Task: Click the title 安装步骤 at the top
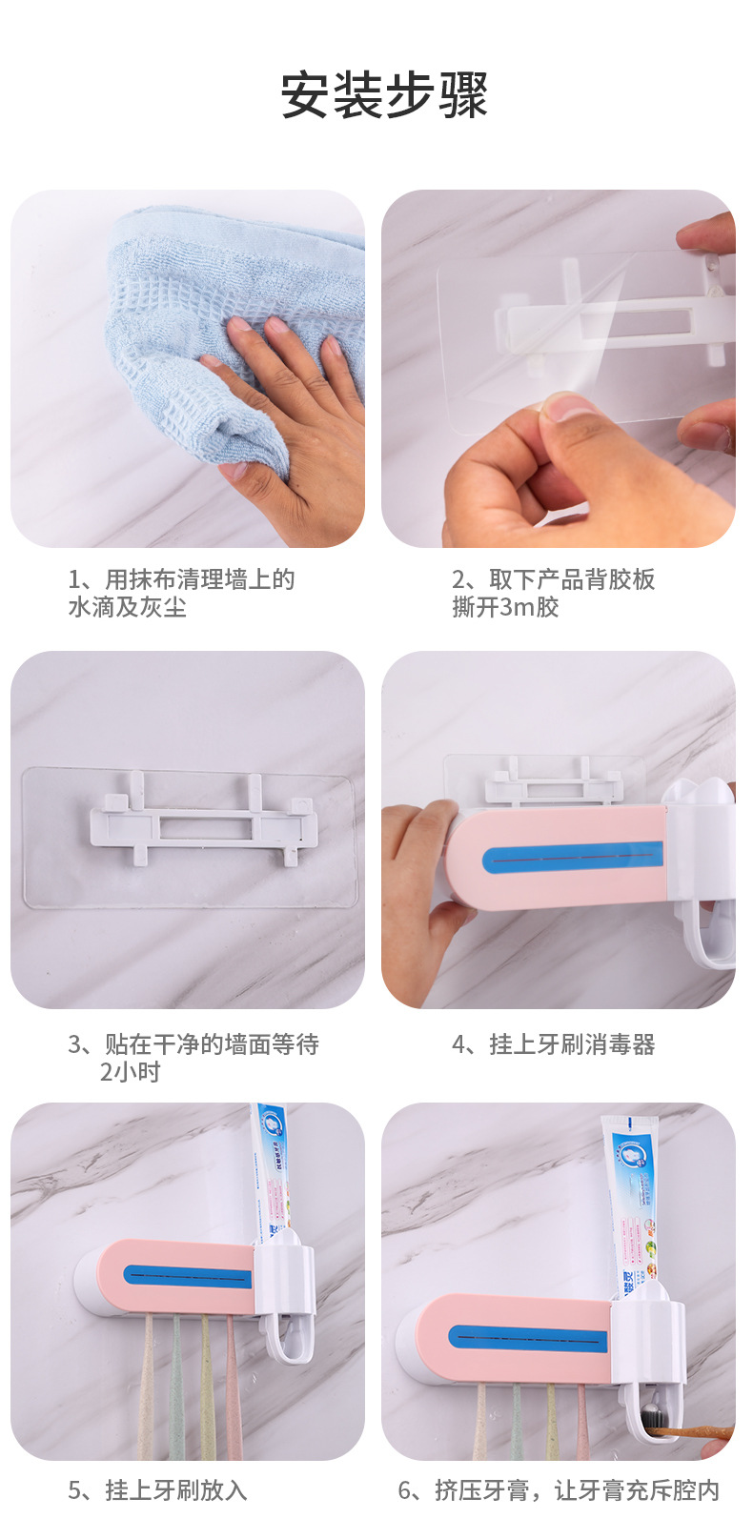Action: pyautogui.click(x=383, y=95)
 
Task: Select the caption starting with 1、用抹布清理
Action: pyautogui.click(x=181, y=579)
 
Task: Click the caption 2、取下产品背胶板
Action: pyautogui.click(x=553, y=579)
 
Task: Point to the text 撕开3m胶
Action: pyautogui.click(x=505, y=608)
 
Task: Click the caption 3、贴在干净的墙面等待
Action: pyautogui.click(x=193, y=1044)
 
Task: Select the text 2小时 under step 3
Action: pyautogui.click(x=131, y=1073)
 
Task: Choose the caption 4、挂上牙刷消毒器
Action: pyautogui.click(x=553, y=1044)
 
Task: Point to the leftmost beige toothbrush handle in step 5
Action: pyautogui.click(x=147, y=1391)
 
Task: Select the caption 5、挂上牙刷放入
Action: pyautogui.click(x=157, y=1490)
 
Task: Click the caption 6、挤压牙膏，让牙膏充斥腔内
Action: pyautogui.click(x=559, y=1490)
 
